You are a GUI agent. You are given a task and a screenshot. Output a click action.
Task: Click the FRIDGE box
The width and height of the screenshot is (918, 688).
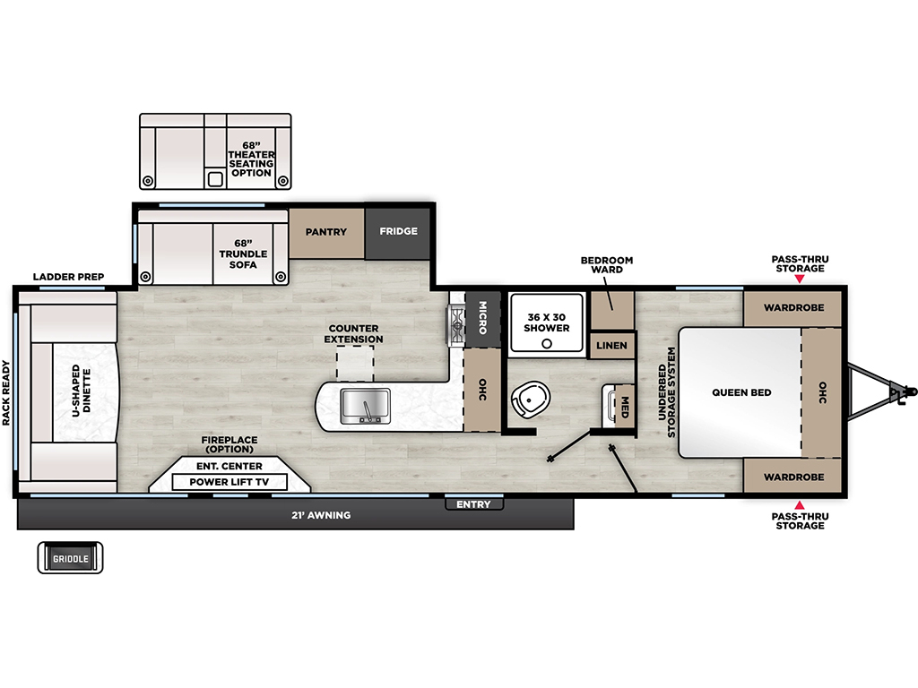click(x=397, y=232)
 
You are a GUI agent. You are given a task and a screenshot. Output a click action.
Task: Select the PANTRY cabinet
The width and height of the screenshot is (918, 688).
click(x=326, y=232)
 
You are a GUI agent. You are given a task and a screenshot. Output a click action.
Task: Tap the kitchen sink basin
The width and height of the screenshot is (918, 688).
click(x=366, y=406)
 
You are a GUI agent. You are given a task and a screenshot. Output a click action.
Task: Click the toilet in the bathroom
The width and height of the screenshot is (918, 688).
click(x=530, y=400)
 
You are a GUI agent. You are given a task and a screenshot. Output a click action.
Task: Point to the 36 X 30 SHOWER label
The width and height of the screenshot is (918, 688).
click(x=546, y=322)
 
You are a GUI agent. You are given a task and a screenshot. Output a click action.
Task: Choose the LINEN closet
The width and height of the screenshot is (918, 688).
click(x=611, y=346)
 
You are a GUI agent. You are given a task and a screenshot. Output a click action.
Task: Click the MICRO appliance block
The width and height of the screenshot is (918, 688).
click(x=483, y=318)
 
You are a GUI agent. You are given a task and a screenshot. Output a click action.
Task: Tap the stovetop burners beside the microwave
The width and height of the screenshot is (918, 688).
click(x=456, y=324)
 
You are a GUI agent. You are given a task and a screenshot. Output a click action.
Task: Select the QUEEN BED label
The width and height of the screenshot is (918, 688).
click(x=741, y=392)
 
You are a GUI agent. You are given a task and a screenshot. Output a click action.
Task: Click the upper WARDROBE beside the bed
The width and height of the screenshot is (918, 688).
click(x=792, y=308)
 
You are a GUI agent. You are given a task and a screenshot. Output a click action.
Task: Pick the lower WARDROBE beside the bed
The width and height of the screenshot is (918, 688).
click(x=792, y=476)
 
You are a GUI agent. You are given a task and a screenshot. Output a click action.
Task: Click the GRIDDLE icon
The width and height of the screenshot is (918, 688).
click(x=70, y=558)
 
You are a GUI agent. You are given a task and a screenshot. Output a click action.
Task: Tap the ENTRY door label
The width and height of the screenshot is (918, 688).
click(x=473, y=504)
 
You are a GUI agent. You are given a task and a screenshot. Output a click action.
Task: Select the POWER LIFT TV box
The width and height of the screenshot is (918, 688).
click(x=229, y=482)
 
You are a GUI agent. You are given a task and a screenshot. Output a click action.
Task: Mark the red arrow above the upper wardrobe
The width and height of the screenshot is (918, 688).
click(x=799, y=279)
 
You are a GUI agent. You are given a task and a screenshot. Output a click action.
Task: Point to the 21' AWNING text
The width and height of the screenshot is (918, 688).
click(x=321, y=515)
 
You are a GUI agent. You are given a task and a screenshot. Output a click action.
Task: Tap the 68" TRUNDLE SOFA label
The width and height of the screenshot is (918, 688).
click(x=243, y=254)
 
